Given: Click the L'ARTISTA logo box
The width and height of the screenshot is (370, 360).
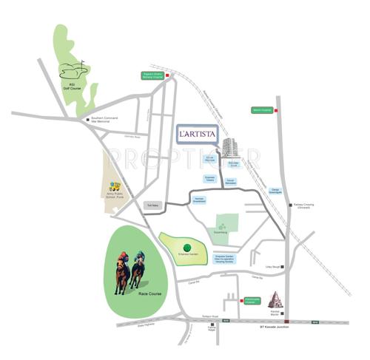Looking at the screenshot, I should pos(196,134).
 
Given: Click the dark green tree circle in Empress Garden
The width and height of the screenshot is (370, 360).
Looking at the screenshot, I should pos(186,247).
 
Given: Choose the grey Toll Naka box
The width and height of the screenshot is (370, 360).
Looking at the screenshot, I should pos(153,207).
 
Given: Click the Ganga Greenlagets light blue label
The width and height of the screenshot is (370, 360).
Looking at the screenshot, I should pos(273,191).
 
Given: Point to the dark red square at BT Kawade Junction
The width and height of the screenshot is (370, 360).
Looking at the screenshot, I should pos(286,322).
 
